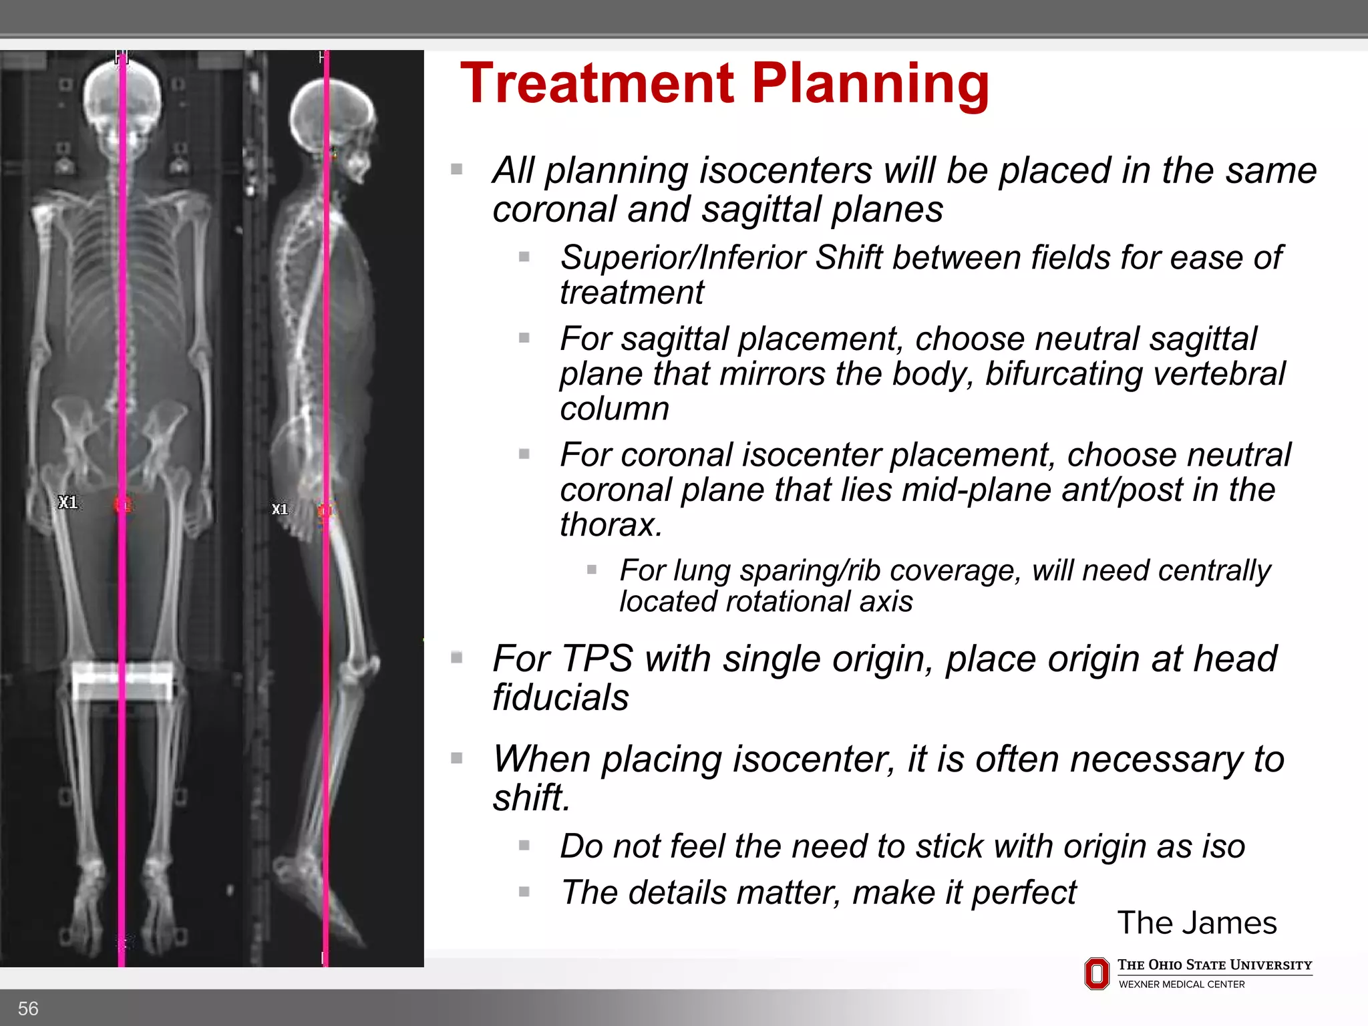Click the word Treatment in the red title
(597, 83)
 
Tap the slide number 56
(28, 1008)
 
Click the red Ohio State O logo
(1096, 973)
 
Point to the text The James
(1196, 922)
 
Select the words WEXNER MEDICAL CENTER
(1181, 984)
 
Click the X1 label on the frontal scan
(67, 502)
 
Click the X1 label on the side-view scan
(280, 510)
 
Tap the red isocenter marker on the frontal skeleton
(123, 505)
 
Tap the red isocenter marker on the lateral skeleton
(325, 511)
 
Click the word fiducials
(560, 697)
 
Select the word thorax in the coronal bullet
(610, 524)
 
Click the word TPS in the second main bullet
(596, 659)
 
